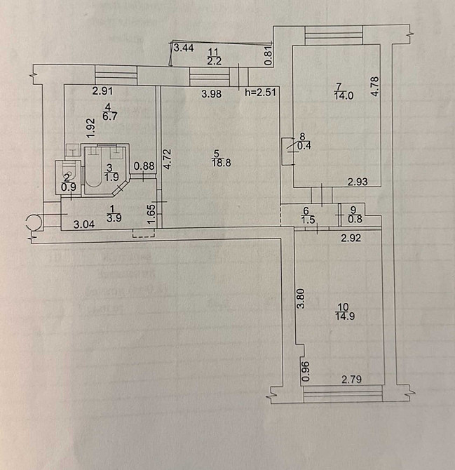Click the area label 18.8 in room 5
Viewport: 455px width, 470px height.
tap(217, 163)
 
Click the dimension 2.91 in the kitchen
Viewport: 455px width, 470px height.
tap(103, 90)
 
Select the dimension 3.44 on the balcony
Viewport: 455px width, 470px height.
tap(184, 48)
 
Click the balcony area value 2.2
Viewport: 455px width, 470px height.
tap(215, 61)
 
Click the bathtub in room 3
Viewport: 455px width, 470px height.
tap(102, 171)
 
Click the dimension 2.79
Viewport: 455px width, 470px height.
tap(352, 380)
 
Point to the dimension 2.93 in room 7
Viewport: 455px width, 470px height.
tap(359, 182)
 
